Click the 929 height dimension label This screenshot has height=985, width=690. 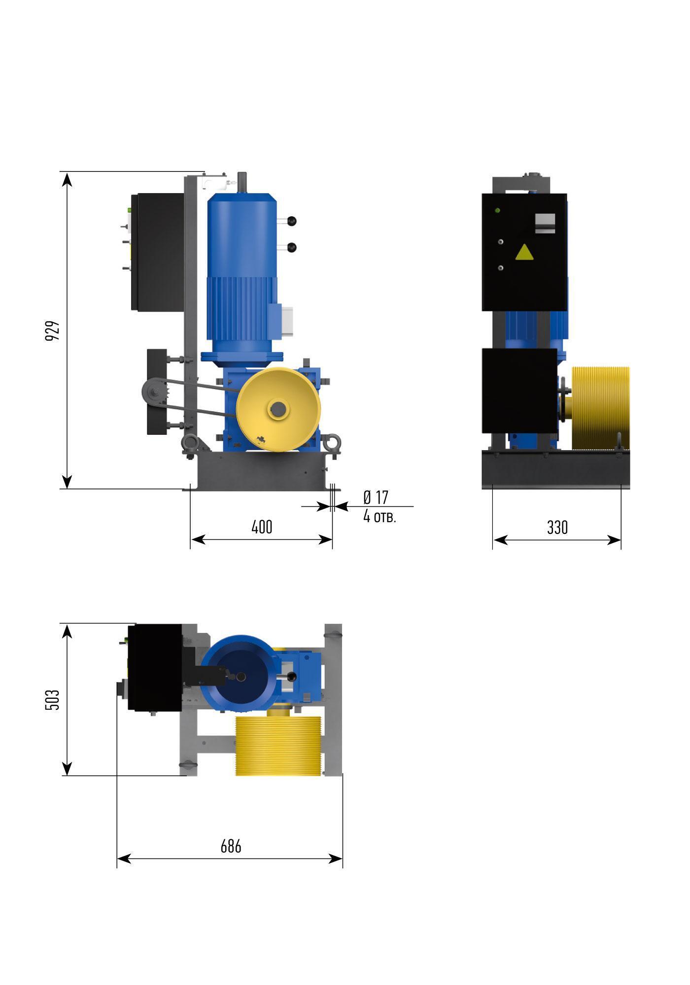pos(53,331)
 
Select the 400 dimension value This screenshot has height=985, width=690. pos(262,527)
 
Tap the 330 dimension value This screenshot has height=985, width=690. pos(557,528)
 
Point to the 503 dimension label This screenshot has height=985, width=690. pos(53,699)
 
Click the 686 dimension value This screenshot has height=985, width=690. pos(231,847)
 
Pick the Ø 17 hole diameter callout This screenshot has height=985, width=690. pos(376,497)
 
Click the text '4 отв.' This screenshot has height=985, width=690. pos(379,516)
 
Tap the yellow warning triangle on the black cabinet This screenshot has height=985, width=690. pos(524,252)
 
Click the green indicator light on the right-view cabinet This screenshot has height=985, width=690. pos(497,211)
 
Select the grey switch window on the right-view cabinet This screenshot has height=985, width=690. pos(545,223)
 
